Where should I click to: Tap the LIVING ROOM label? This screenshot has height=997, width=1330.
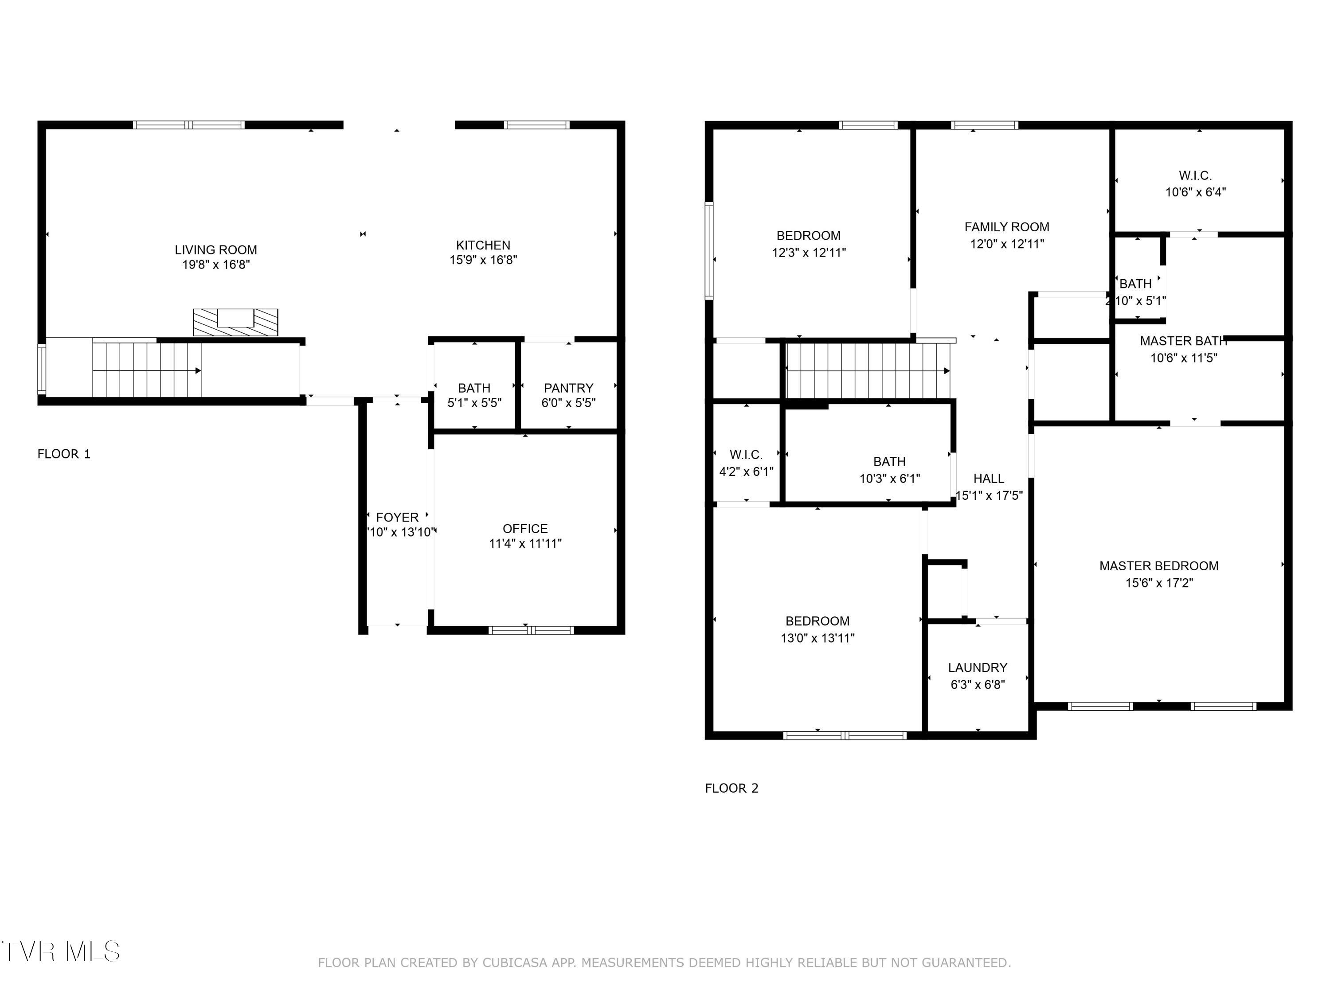[216, 250]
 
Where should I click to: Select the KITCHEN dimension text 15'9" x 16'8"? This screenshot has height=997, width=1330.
[483, 260]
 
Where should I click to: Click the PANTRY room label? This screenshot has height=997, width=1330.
[568, 388]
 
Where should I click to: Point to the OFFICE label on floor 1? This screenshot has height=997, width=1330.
[525, 529]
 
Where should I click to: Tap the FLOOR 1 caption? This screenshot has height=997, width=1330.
[64, 454]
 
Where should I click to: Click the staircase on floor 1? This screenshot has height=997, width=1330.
[147, 370]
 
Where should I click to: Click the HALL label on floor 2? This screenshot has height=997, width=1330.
[989, 479]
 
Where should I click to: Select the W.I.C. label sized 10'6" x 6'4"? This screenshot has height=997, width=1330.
[1195, 176]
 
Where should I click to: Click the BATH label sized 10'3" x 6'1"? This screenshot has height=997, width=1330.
[889, 462]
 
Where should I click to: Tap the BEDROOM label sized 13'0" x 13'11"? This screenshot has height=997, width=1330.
[817, 621]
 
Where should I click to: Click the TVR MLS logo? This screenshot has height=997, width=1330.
[60, 951]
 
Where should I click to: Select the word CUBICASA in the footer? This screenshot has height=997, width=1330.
[515, 963]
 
